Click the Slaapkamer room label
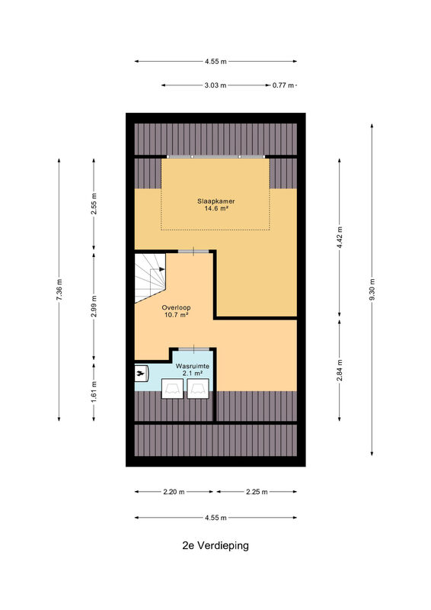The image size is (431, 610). coord(215,201)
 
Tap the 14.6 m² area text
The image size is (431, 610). coord(215,208)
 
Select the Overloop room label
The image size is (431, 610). coord(176,308)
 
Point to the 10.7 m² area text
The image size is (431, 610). coord(176,315)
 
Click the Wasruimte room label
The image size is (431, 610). coord(193,366)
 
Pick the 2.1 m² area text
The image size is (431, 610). coord(193,373)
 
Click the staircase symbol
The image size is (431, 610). coord(150,278)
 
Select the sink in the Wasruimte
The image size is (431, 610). coord(141,374)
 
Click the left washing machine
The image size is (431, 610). coord(173,388)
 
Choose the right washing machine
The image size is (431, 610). coord(198,388)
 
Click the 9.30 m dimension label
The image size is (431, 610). coord(372,290)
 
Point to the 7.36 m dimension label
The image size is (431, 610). coord(59,290)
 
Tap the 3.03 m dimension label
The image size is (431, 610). coord(215,85)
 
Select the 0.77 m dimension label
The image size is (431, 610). coord(283,85)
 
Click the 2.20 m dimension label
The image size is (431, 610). coord(174,492)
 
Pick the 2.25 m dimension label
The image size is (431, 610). coord(257,492)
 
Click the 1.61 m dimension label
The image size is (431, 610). coord(94,392)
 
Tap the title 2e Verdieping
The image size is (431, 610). coord(215,545)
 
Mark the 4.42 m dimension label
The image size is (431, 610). coord(340,237)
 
